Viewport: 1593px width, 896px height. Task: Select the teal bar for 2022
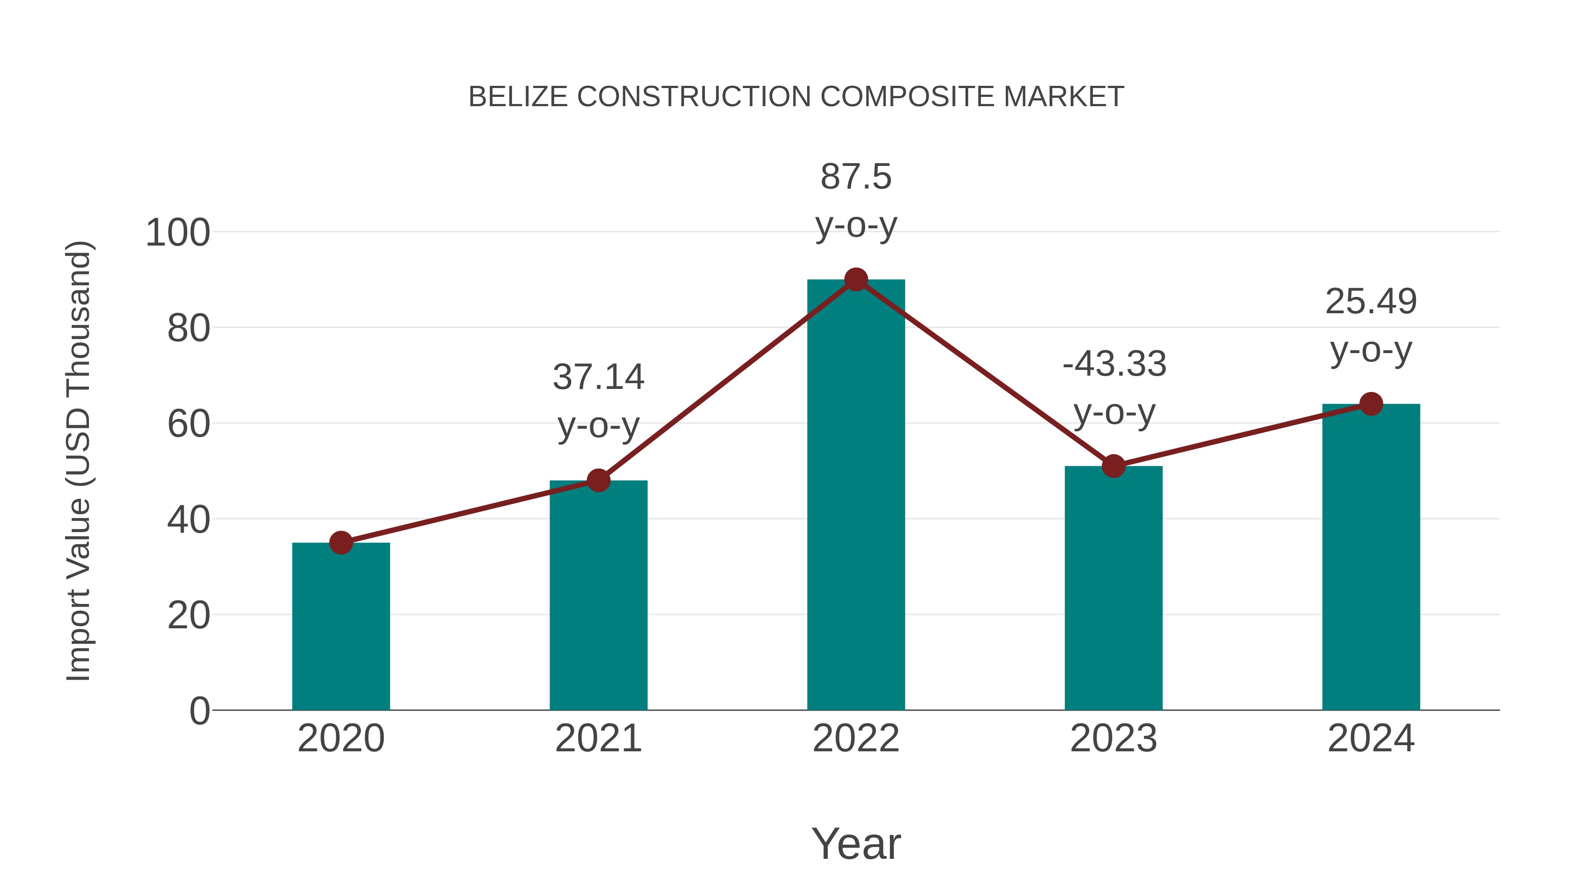pos(856,495)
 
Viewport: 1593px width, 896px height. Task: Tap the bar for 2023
pos(1113,588)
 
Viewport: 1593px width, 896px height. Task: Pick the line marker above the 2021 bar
pos(598,481)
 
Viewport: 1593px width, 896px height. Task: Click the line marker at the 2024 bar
pos(1371,404)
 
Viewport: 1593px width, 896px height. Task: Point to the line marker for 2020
pos(341,543)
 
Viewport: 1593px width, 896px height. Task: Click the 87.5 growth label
pos(856,177)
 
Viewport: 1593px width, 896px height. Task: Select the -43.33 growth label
pos(1114,364)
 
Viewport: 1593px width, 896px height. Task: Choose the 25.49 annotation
pos(1371,302)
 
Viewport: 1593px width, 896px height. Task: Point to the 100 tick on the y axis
pos(177,233)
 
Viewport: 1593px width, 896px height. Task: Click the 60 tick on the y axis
pos(189,425)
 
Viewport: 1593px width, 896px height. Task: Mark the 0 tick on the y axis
pos(199,711)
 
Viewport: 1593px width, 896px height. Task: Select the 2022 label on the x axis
pos(856,738)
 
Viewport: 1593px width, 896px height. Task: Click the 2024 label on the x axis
pos(1371,738)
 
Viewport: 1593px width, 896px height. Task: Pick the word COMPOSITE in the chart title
pos(907,97)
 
